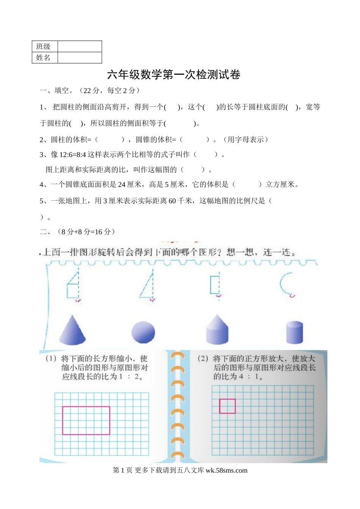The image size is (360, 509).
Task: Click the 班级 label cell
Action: (x=44, y=46)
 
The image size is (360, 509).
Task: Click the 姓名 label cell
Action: (x=44, y=58)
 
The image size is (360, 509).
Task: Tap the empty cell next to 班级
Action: (x=80, y=46)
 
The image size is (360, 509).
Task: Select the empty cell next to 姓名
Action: (x=80, y=58)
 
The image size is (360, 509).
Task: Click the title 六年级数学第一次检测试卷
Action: (x=174, y=75)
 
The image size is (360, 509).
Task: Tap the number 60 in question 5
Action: (x=172, y=201)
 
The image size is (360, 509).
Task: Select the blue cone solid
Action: (x=72, y=330)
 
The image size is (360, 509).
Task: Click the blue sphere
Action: (x=143, y=332)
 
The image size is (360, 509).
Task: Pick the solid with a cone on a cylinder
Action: (x=217, y=330)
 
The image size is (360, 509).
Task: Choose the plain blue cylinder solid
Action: (x=294, y=332)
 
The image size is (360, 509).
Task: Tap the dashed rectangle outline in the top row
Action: (x=215, y=285)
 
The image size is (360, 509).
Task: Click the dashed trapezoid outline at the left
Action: (x=73, y=286)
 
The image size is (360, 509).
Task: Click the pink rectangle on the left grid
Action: (x=86, y=420)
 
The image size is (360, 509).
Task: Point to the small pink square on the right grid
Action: (x=227, y=406)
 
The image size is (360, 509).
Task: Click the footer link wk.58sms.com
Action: (x=226, y=470)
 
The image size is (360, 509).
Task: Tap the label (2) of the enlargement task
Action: (x=203, y=358)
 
